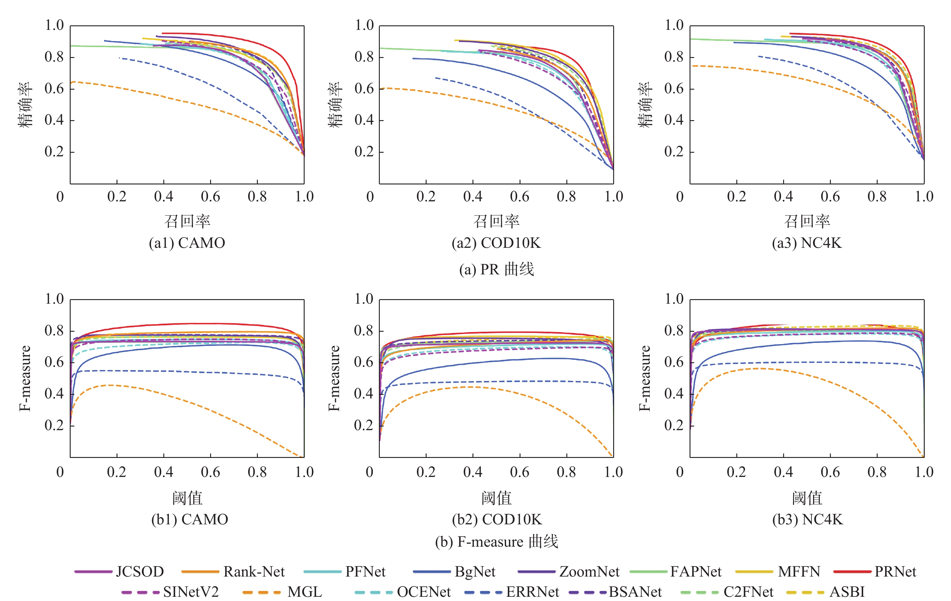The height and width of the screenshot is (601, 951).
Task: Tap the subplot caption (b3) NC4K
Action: pyautogui.click(x=807, y=519)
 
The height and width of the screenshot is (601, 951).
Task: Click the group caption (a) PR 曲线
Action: pyautogui.click(x=496, y=269)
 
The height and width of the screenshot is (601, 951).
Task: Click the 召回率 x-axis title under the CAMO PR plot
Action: pyautogui.click(x=187, y=221)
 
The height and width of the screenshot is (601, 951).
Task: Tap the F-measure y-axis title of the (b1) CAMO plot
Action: pyautogui.click(x=24, y=378)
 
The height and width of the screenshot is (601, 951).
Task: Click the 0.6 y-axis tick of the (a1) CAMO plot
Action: pyautogui.click(x=54, y=89)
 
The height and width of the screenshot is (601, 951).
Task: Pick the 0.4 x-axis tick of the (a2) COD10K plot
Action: pyautogui.click(x=473, y=197)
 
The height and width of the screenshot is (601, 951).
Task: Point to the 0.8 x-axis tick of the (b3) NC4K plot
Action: pyautogui.click(x=877, y=472)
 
